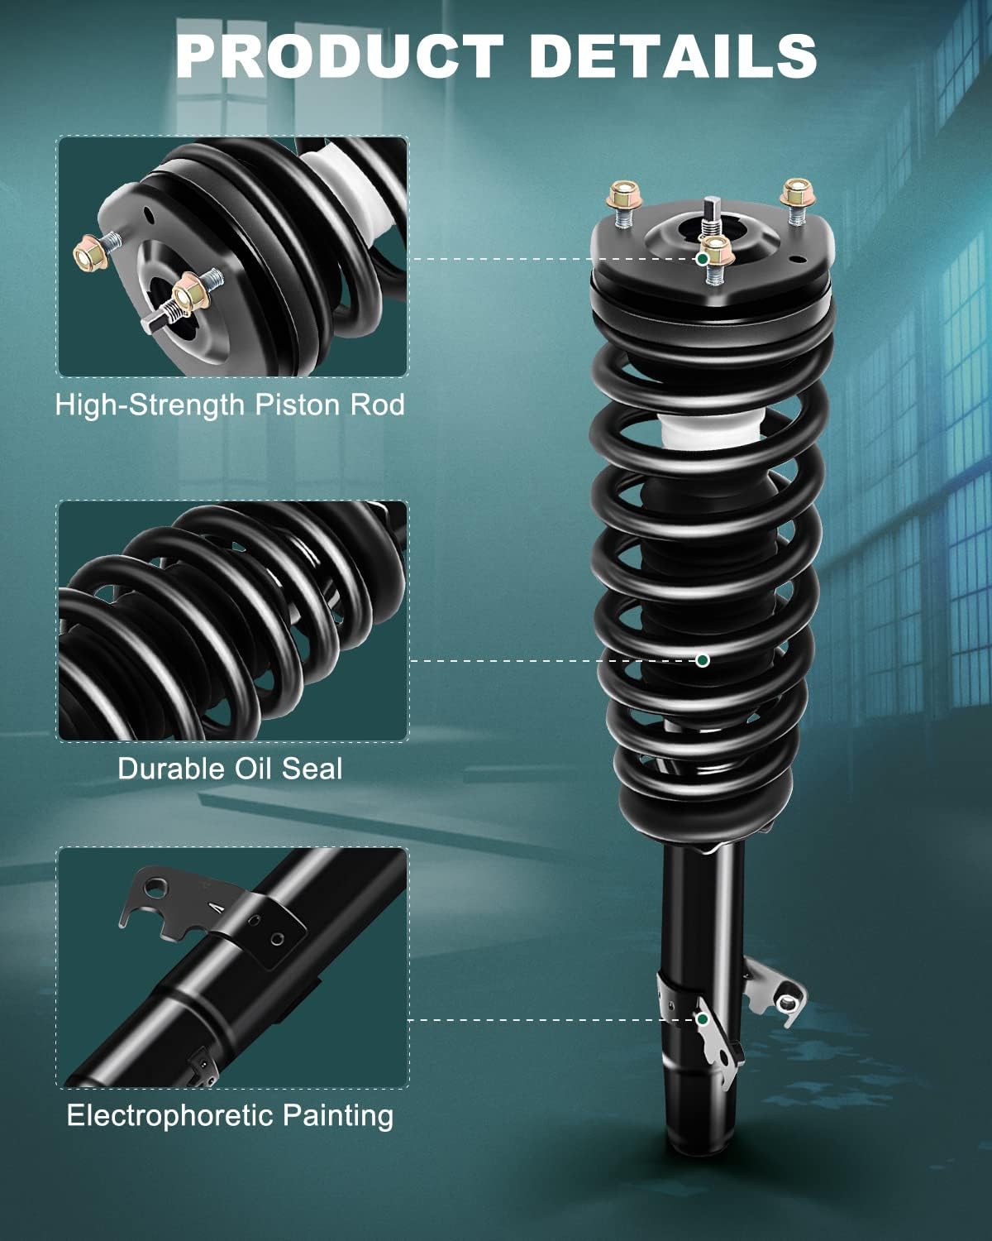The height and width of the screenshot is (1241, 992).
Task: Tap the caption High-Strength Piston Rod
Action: coord(230,405)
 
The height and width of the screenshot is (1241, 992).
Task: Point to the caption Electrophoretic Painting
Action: coord(230,1115)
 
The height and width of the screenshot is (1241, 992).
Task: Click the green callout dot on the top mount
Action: coord(702,259)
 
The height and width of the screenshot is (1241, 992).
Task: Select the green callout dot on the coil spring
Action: coord(703,660)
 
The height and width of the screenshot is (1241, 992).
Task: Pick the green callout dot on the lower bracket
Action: coord(702,1019)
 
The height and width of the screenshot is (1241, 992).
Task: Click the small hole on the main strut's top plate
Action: coord(799,260)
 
